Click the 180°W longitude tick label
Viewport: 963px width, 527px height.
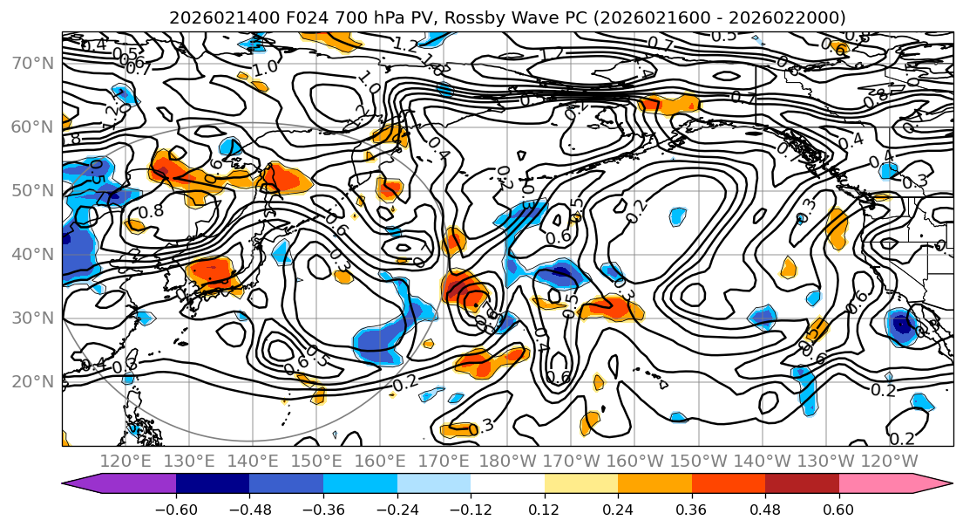click(507, 460)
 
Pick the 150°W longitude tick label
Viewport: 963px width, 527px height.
click(699, 460)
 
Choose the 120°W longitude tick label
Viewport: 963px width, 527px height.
click(890, 460)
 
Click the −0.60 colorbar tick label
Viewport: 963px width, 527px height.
click(176, 508)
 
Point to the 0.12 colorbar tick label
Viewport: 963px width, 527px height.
click(545, 508)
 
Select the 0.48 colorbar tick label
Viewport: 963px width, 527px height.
click(765, 508)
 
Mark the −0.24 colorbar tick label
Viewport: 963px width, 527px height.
click(397, 508)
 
